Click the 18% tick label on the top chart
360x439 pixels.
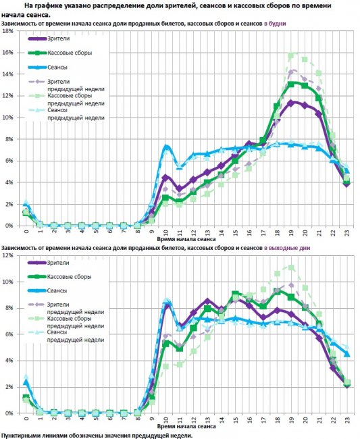(x=8, y=31)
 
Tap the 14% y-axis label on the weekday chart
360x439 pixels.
(x=8, y=74)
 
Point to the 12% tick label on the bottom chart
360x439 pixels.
(x=8, y=255)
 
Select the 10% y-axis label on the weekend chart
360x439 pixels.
(x=8, y=282)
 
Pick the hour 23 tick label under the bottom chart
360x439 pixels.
(x=347, y=420)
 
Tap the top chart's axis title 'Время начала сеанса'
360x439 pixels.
(x=186, y=239)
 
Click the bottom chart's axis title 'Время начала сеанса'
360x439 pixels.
(x=186, y=426)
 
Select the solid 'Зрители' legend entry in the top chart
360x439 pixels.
(x=49, y=38)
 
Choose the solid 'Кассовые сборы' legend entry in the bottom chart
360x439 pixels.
(x=59, y=277)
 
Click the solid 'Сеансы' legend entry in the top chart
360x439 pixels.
(x=48, y=67)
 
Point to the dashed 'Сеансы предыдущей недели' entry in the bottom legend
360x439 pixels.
(x=66, y=336)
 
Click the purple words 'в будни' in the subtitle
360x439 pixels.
(x=275, y=24)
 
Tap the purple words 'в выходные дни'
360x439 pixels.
(x=287, y=248)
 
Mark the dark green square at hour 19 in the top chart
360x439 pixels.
(x=291, y=84)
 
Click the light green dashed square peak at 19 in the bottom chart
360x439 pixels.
(x=291, y=268)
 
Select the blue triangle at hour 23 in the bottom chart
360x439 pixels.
(x=347, y=354)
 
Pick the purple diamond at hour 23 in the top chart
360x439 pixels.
(x=347, y=184)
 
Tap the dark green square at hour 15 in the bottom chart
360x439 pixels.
(x=235, y=294)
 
